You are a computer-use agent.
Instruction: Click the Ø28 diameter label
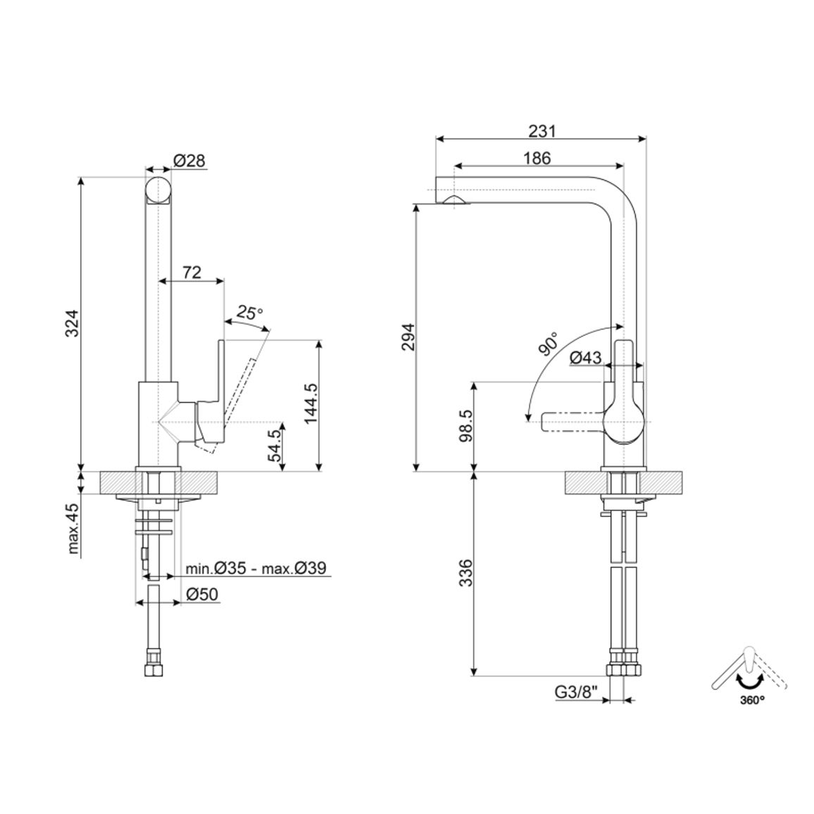click(189, 161)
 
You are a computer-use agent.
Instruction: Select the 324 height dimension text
click(72, 323)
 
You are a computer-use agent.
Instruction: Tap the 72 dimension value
click(192, 272)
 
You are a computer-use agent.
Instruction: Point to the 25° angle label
click(250, 313)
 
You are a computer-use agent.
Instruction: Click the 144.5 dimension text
click(311, 404)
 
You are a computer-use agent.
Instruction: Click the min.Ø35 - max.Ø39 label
click(256, 568)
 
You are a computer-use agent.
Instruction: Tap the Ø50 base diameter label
click(201, 594)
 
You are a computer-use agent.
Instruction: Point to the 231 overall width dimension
click(542, 131)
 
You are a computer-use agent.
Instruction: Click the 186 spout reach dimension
click(537, 158)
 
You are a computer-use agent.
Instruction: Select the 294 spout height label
click(408, 337)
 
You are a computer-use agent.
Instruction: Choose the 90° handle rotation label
click(549, 344)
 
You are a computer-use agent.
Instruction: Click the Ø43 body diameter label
click(586, 358)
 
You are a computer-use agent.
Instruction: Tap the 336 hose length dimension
click(467, 572)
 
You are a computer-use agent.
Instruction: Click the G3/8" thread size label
click(577, 692)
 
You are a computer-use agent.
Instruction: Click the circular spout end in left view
click(158, 190)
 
